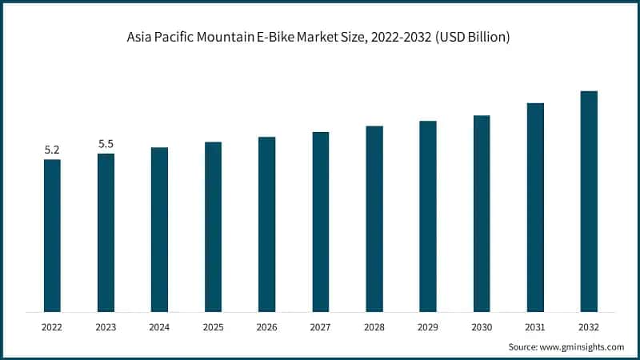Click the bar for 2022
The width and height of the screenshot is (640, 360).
tap(52, 235)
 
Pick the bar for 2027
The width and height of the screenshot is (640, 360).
tap(320, 222)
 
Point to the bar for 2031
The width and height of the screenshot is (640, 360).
tap(535, 207)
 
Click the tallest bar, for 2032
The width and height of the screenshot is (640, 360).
tap(589, 201)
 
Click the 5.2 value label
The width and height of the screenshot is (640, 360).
tap(52, 150)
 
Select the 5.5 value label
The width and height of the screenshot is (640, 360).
tap(106, 144)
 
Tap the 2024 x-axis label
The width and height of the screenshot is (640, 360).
tap(159, 326)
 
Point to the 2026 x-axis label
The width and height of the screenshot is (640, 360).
tap(266, 326)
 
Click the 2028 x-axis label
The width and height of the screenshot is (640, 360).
tap(374, 326)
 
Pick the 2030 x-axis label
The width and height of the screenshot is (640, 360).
tap(482, 326)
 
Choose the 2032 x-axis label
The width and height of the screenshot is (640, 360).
tap(589, 326)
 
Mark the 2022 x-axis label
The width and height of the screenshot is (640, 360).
tap(52, 326)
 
